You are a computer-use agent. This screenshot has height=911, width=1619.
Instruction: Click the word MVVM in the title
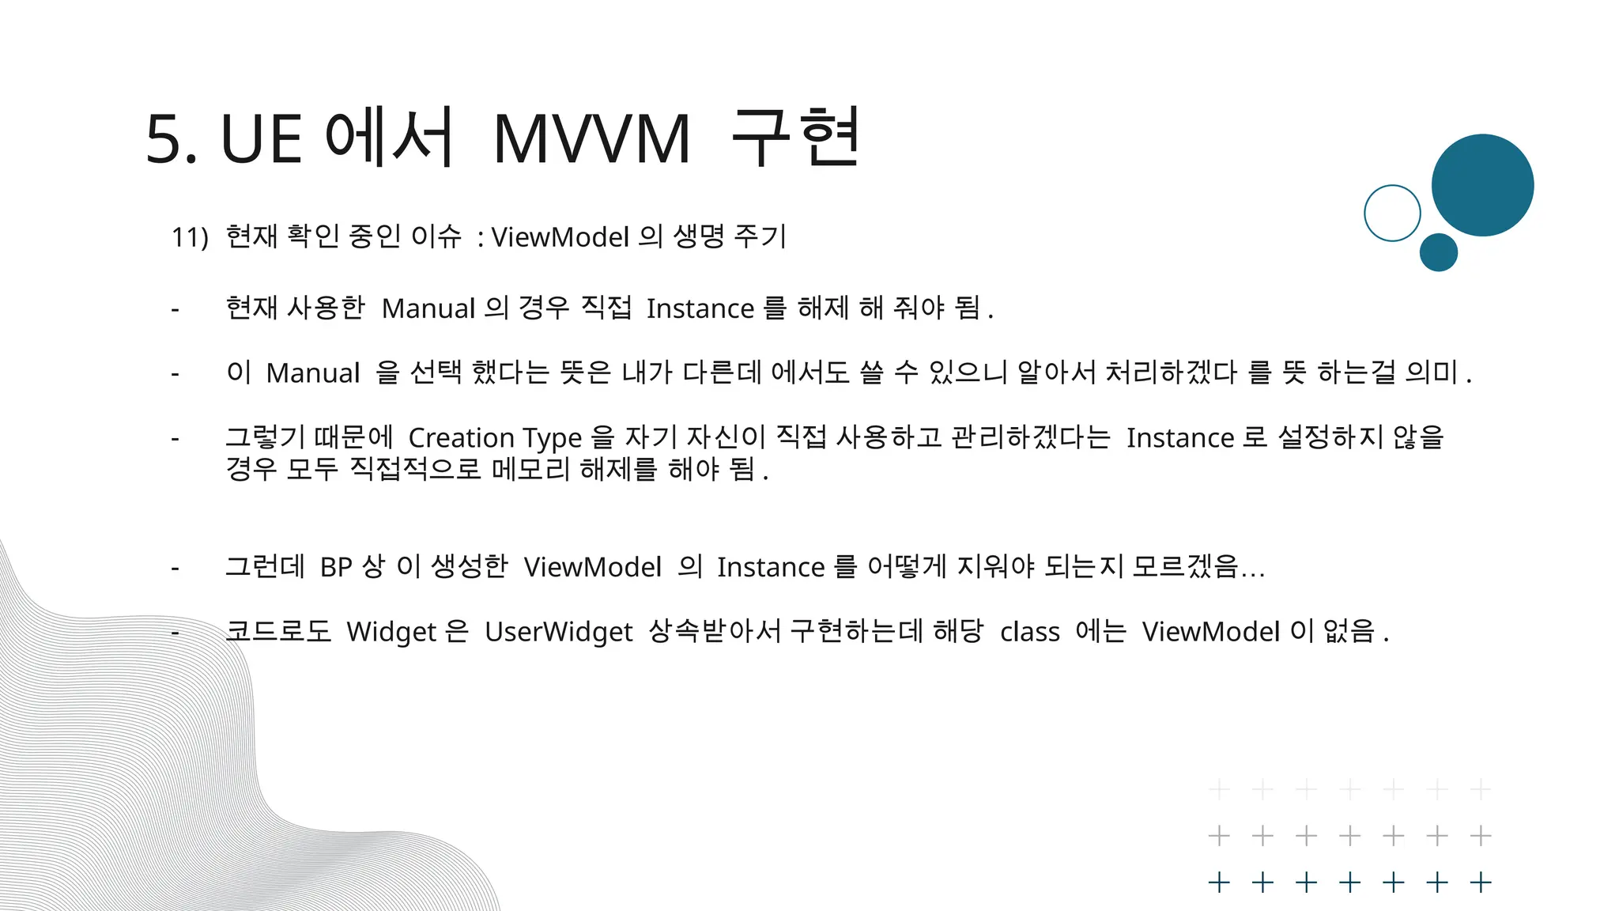pos(592,140)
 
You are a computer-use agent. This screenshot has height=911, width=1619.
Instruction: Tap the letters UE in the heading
pos(261,140)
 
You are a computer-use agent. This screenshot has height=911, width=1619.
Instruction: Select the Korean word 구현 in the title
pos(795,138)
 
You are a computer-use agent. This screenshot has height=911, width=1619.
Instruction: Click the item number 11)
pos(190,236)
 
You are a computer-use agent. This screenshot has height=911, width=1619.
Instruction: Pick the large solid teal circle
pos(1482,185)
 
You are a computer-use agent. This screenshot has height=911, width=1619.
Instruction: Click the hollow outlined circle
pos(1392,213)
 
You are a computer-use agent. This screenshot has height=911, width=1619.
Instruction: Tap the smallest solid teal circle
pos(1438,252)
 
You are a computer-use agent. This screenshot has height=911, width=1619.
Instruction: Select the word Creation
pos(461,437)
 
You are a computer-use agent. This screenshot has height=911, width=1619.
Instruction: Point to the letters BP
pos(336,567)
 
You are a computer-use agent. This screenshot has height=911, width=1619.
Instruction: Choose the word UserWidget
pos(558,632)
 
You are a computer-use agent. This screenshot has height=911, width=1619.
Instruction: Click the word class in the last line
pos(1029,632)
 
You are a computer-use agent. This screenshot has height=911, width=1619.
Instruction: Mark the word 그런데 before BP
pos(265,566)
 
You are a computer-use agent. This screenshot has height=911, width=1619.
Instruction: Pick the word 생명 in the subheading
pos(698,236)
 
